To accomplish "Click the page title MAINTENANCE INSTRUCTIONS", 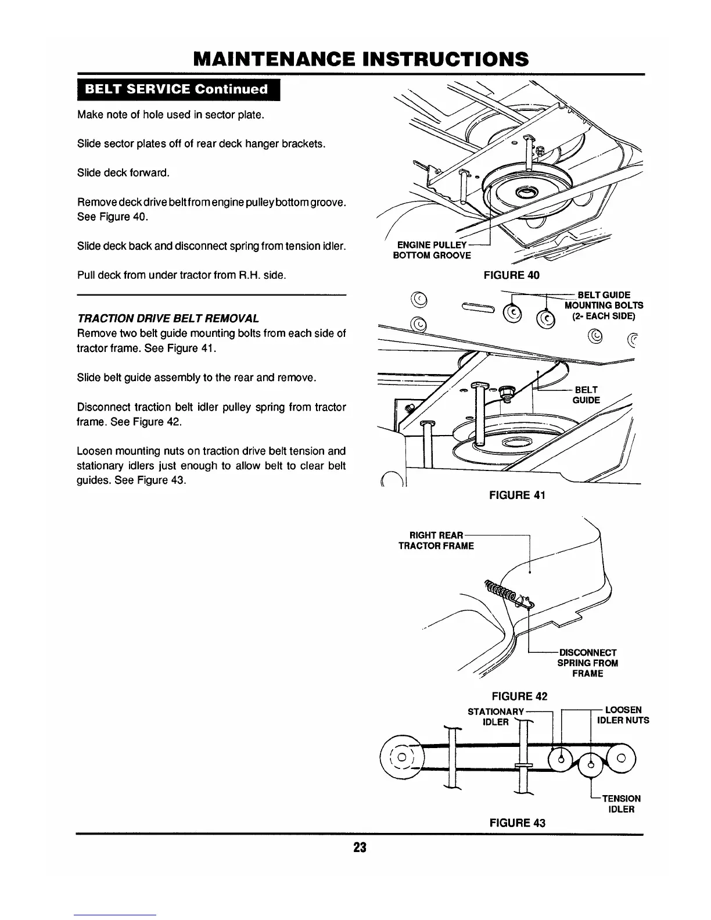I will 361,59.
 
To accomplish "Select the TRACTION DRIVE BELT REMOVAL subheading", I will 168,318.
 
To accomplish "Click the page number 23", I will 360,847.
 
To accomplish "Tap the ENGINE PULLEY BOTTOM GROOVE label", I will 432,250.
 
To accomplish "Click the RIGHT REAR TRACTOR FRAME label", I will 436,540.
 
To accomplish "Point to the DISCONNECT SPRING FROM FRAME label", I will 587,663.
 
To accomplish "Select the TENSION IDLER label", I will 620,804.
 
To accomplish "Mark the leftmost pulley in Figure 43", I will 401,760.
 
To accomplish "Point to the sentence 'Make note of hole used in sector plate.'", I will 171,114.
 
